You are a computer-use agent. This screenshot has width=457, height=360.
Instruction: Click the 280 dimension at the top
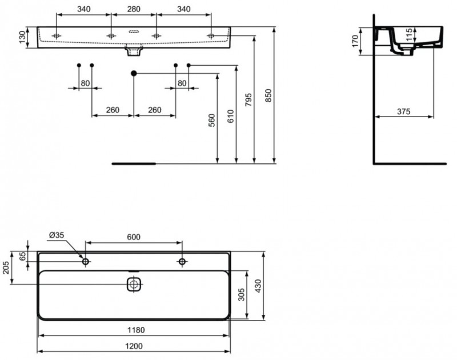click(134, 9)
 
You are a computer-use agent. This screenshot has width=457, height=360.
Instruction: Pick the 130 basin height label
click(22, 38)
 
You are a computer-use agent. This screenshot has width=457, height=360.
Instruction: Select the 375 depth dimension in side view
click(403, 112)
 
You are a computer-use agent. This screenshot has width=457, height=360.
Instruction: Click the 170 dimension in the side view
click(355, 41)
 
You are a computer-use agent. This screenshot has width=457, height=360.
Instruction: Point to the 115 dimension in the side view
click(408, 35)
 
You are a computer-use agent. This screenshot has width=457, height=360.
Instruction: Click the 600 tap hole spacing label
click(133, 237)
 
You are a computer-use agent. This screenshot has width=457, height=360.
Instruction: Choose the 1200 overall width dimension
click(134, 346)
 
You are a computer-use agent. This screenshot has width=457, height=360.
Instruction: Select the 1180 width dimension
click(134, 330)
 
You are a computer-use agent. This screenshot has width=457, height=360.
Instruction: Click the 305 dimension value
click(241, 294)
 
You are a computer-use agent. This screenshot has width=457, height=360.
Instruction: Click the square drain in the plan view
click(134, 284)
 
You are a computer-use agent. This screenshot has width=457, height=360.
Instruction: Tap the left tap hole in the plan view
click(86, 262)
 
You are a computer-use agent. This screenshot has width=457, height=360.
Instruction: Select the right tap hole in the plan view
click(182, 262)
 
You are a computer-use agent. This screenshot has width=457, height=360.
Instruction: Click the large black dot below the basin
click(134, 73)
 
